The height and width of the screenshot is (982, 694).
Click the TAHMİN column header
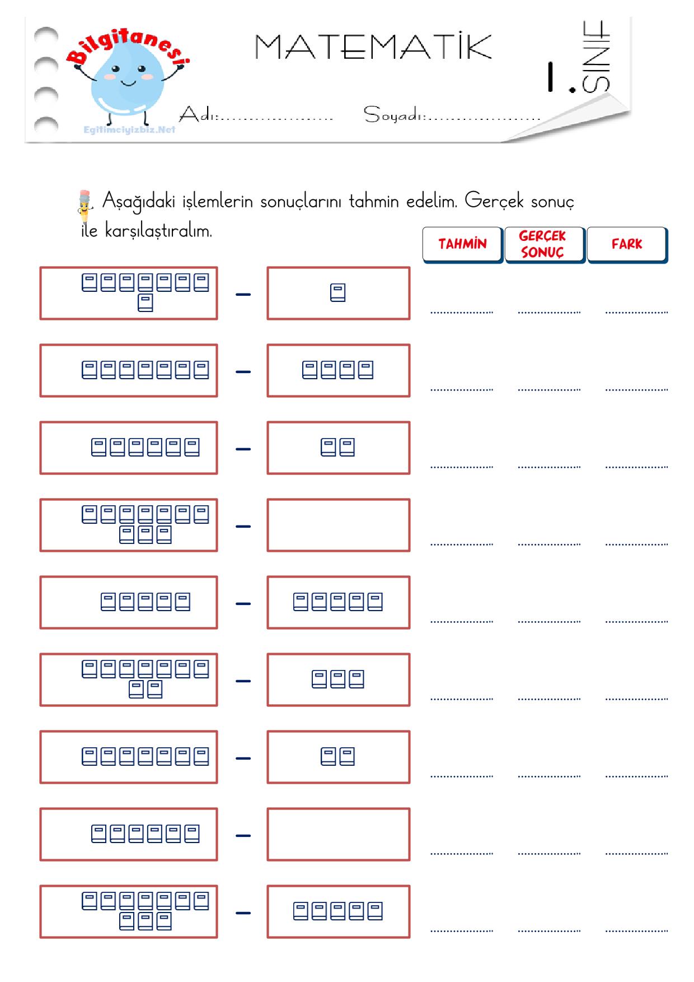(x=462, y=244)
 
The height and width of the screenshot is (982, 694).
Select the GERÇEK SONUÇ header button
(x=545, y=244)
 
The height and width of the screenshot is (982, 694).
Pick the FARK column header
(x=627, y=244)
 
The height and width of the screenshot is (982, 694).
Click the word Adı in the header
(x=197, y=114)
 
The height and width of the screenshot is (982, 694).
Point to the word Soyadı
(x=394, y=115)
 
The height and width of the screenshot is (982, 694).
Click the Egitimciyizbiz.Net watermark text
(x=129, y=130)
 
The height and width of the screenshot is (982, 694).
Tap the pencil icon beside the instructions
(x=84, y=207)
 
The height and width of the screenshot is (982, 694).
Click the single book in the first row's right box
(x=338, y=293)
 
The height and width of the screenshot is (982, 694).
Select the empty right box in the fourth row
(x=339, y=525)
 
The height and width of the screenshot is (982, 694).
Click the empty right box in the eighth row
(x=339, y=834)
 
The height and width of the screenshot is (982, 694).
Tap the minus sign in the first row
(x=243, y=294)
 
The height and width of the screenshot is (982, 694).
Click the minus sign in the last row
(x=243, y=913)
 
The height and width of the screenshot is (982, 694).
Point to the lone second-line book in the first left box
(x=146, y=302)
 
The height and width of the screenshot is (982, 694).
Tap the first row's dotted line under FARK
(x=636, y=312)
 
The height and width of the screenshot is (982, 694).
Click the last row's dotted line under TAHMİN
(x=462, y=930)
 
